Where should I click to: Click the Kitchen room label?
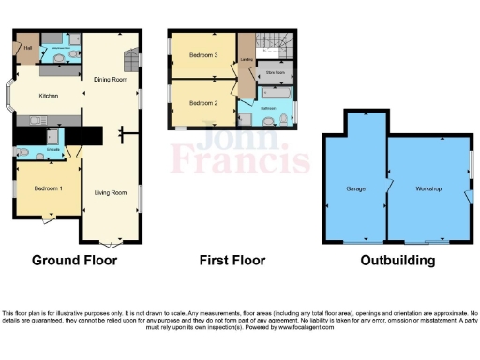click(x=48, y=96)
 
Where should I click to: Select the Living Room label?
click(x=110, y=193)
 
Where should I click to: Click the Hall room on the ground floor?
click(x=28, y=47)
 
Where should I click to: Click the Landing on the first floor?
click(x=247, y=62)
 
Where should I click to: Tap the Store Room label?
click(x=276, y=70)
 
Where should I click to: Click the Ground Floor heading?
click(x=76, y=260)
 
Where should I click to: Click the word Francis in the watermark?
click(x=239, y=164)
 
